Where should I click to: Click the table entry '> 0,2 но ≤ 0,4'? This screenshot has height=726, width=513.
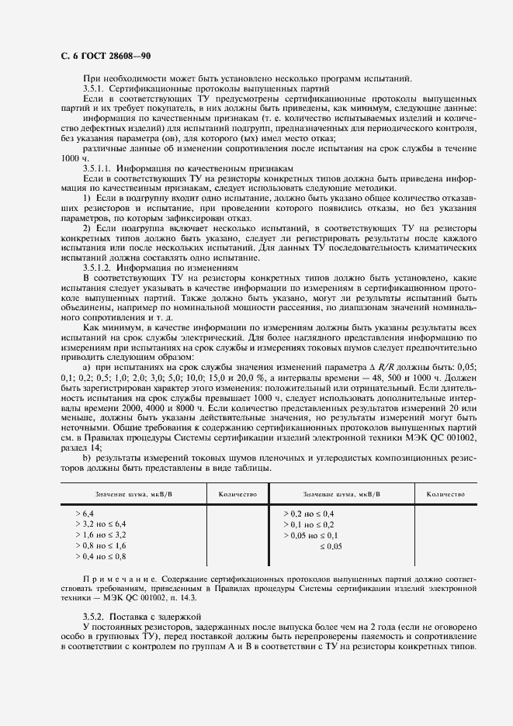pos(309,513)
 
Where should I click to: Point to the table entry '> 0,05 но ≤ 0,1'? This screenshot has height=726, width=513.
pos(311,535)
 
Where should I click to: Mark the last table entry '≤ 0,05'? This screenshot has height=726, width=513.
pos(331,546)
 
